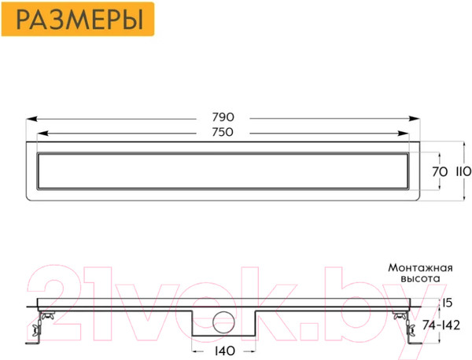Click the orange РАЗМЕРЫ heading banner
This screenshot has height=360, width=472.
pyautogui.click(x=78, y=19)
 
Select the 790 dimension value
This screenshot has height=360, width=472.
pyautogui.click(x=223, y=117)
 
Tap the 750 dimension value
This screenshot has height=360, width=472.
pyautogui.click(x=223, y=132)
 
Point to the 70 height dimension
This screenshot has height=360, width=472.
pyautogui.click(x=440, y=172)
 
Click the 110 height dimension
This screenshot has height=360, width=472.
pyautogui.click(x=463, y=172)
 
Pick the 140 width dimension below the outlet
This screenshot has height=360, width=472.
pyautogui.click(x=224, y=351)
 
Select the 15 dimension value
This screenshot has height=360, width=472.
pyautogui.click(x=448, y=303)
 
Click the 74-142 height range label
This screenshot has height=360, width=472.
pyautogui.click(x=441, y=325)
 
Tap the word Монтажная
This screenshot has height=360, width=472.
pyautogui.click(x=420, y=268)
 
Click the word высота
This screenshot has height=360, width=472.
pyautogui.click(x=420, y=279)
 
